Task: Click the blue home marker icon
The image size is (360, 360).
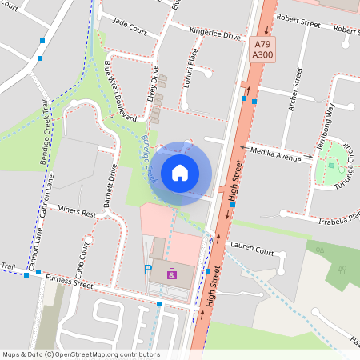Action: tap(180, 172)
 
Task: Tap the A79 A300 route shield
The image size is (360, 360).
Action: tap(262, 50)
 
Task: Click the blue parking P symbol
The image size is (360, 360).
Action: tap(147, 270)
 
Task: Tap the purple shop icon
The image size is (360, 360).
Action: tap(171, 274)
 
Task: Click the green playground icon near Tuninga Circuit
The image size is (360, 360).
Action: tap(331, 165)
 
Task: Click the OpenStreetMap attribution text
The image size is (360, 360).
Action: tap(80, 354)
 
